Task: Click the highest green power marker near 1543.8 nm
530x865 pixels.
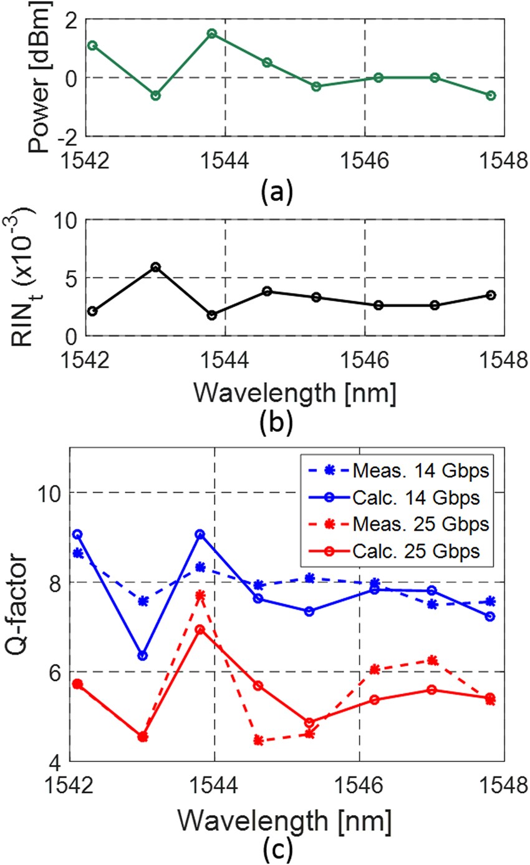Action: click(x=212, y=33)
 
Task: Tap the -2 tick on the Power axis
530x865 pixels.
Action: click(x=70, y=135)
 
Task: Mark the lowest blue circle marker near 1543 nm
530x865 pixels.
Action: click(x=143, y=655)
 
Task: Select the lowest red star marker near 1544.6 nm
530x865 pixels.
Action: click(x=258, y=740)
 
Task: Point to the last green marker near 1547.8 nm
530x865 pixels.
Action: click(x=491, y=95)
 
